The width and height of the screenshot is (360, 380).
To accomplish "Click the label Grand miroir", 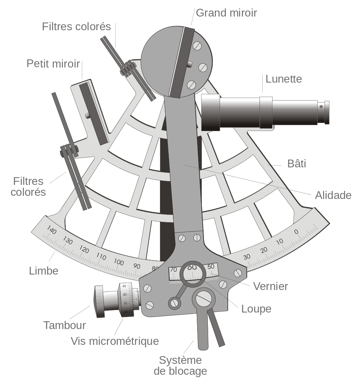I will coord(226,13).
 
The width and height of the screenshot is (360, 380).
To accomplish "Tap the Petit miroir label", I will coord(53,64).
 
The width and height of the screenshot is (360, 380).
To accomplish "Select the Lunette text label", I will coord(284,79).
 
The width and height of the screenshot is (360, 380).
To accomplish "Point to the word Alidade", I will coord(333,195).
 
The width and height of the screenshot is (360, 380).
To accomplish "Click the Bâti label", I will coord(296,163).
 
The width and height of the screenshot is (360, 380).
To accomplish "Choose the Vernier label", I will coord(271,286).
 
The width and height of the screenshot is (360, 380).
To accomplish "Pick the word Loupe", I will coord(256,309).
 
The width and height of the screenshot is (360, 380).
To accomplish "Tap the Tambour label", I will coord(64,325).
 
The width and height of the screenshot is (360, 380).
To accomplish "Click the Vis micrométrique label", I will coord(115,341).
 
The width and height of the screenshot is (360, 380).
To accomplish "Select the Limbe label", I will coord(44,271).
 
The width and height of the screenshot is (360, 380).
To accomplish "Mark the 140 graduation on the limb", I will coord(52,231).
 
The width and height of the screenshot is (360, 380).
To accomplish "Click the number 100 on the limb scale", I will coord(119,263).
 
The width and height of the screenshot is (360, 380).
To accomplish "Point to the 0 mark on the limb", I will coord(296,232).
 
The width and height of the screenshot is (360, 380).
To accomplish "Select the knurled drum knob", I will coord(99,301).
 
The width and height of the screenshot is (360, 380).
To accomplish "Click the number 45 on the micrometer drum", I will coord(124,286).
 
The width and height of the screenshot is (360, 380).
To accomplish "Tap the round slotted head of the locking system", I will coord(204,298).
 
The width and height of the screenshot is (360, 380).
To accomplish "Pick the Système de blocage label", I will coord(180,366).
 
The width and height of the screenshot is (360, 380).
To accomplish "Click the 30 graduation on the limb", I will coord(247,257).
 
